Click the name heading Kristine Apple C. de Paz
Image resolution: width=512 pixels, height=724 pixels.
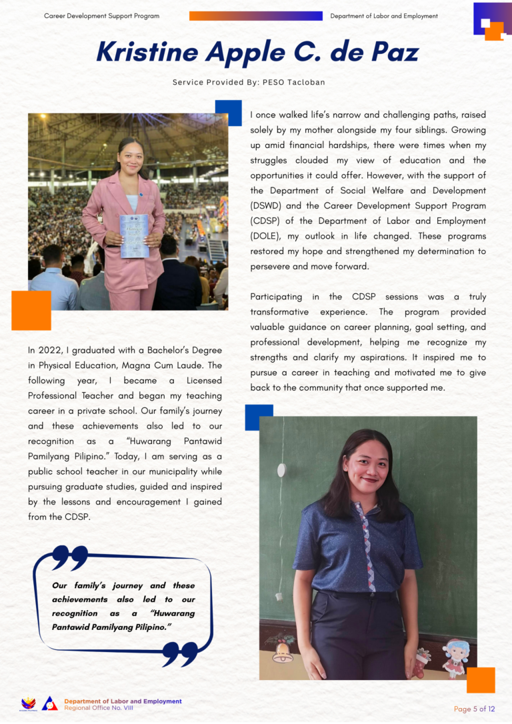pyautogui.click(x=257, y=52)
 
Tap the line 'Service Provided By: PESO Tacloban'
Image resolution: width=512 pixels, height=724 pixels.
pyautogui.click(x=249, y=83)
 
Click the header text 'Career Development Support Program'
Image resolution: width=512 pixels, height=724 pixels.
pyautogui.click(x=102, y=16)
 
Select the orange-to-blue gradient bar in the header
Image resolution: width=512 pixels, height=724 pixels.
pyautogui.click(x=256, y=16)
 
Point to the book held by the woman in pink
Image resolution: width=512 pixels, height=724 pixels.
pyautogui.click(x=133, y=236)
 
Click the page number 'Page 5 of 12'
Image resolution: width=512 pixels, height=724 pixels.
pyautogui.click(x=474, y=709)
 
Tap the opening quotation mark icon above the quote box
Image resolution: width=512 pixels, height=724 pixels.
pyautogui.click(x=69, y=557)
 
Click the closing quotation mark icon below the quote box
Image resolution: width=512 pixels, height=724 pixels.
pyautogui.click(x=180, y=653)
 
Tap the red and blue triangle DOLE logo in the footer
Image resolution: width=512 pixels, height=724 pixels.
pyautogui.click(x=50, y=703)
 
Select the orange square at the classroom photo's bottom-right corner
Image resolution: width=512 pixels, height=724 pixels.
pyautogui.click(x=481, y=679)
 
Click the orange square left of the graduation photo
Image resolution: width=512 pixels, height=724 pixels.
pyautogui.click(x=31, y=310)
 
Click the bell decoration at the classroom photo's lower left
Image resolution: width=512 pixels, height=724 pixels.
pyautogui.click(x=283, y=653)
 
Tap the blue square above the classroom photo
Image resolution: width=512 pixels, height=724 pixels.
pyautogui.click(x=259, y=417)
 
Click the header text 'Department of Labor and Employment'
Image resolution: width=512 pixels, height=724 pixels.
pyautogui.click(x=384, y=16)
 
